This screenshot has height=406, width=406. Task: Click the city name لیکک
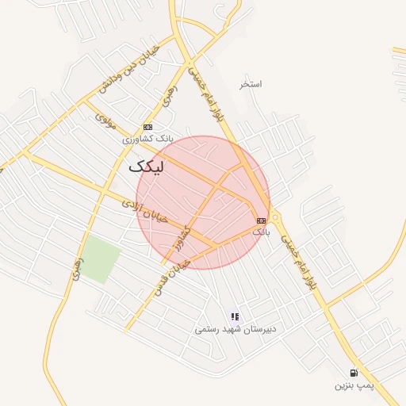coord(149,167)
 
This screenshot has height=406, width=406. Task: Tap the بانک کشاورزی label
coord(147,139)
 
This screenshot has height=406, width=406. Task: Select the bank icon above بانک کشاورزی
coord(147,127)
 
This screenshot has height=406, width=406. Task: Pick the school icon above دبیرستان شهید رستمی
coord(234,316)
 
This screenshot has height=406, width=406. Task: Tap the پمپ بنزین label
coord(352,385)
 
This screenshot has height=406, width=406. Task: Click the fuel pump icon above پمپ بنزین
coord(353,373)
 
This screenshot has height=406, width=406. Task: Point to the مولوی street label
coord(106,121)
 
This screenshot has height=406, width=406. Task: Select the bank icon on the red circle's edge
coord(261,220)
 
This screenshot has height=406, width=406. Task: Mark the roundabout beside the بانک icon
coord(275,217)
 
